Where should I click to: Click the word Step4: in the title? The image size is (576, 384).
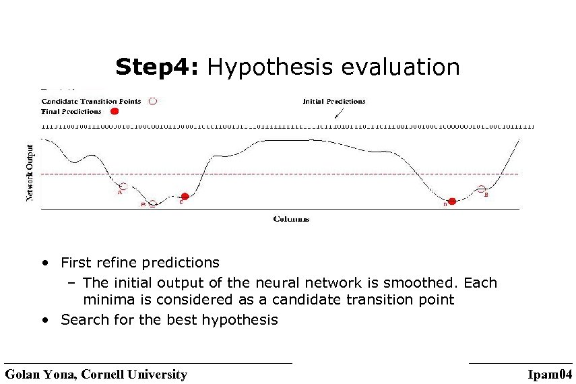[158, 67]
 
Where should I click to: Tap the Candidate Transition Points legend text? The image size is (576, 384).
[91, 101]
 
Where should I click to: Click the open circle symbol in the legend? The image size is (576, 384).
[152, 101]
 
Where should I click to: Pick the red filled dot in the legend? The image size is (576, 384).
[114, 111]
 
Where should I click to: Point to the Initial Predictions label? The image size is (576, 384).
[334, 101]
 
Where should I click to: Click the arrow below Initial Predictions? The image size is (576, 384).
[338, 114]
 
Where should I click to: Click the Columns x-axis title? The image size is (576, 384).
[291, 219]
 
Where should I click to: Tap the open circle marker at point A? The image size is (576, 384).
[122, 186]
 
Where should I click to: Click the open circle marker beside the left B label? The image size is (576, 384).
[153, 203]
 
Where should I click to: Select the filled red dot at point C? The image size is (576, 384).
[185, 197]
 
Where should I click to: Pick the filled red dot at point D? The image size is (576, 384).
[452, 201]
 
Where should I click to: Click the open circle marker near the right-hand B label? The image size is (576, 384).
[481, 189]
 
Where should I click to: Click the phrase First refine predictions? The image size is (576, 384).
[139, 262]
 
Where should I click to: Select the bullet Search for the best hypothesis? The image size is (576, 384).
[168, 319]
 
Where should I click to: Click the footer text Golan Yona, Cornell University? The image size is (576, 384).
[96, 375]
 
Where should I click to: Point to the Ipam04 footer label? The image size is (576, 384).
[550, 375]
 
